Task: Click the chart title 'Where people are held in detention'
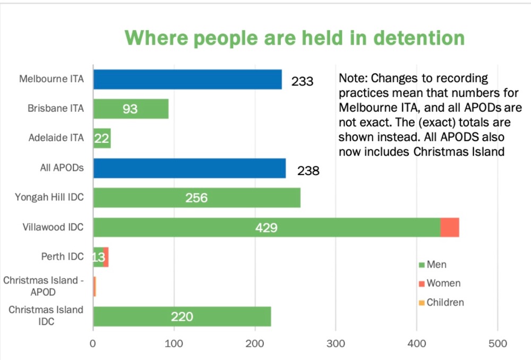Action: [295, 38]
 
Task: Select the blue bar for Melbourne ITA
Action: [187, 80]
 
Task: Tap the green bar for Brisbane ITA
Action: [131, 109]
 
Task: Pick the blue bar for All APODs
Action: [189, 168]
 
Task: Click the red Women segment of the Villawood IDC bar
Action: [450, 227]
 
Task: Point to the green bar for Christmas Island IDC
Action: [182, 316]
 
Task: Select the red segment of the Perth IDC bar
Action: [106, 257]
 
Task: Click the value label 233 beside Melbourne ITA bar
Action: [302, 82]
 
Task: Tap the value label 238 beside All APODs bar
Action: [308, 171]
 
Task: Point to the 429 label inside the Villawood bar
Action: [266, 228]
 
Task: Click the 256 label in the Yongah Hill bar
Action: [196, 198]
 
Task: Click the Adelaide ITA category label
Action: [56, 138]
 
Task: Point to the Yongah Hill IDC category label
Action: [49, 198]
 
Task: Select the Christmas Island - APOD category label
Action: [44, 286]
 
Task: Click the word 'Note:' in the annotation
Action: [353, 79]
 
